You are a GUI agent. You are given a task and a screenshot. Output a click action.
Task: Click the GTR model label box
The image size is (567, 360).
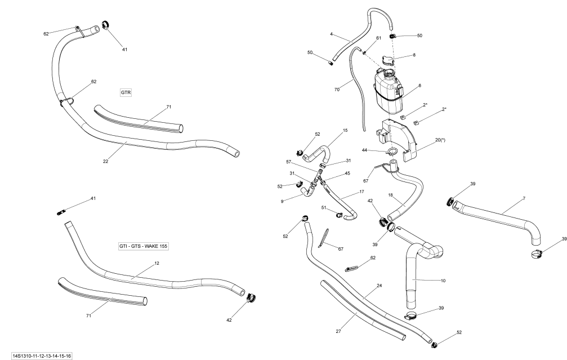126,92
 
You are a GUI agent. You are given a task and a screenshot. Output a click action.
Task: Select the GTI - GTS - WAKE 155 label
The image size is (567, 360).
144,246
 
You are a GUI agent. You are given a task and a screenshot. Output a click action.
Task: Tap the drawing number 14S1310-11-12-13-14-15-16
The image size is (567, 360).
38,356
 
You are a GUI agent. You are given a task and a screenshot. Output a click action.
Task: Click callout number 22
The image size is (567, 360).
105,161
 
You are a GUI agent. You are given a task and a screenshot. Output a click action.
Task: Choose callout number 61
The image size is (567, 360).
378,38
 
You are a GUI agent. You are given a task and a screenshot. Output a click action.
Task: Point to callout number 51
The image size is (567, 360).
324,208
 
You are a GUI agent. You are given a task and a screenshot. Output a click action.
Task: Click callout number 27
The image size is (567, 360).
338,331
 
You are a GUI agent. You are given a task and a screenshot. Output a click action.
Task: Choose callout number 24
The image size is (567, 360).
379,286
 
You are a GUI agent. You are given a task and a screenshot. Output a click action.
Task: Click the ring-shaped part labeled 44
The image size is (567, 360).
393,152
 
